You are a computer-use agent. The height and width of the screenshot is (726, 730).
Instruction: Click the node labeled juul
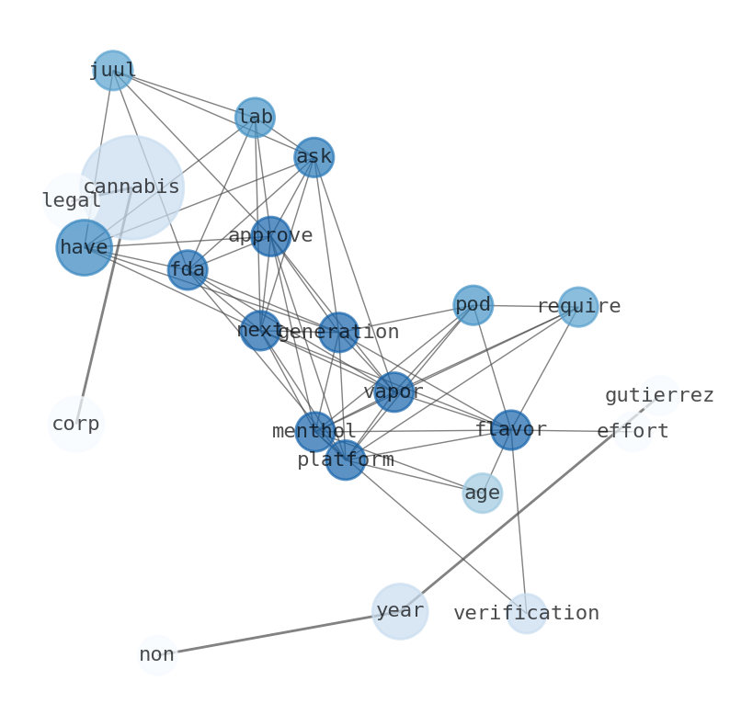112,70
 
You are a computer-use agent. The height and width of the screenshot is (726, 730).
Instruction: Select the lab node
255,117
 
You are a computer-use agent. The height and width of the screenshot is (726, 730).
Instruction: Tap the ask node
314,156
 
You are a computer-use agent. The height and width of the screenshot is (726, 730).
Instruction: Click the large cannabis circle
131,187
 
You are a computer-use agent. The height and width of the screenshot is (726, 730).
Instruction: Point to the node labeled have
84,247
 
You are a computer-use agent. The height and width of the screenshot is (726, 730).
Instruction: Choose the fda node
188,269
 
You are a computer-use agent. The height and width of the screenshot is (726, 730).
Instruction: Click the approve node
270,236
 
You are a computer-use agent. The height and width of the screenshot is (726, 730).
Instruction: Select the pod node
473,305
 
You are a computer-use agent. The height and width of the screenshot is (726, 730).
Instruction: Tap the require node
578,306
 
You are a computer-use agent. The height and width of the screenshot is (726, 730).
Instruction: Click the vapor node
394,391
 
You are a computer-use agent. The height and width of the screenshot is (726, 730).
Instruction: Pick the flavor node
510,429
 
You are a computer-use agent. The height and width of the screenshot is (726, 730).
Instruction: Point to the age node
482,493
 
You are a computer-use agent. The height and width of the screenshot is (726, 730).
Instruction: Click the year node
400,611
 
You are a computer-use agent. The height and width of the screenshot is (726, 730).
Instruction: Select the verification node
527,613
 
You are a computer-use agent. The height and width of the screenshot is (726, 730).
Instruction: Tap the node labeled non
157,655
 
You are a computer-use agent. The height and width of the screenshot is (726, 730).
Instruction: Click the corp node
76,425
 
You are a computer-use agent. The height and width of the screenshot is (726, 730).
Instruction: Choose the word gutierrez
659,396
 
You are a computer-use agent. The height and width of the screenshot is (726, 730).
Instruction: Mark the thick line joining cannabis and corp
101,312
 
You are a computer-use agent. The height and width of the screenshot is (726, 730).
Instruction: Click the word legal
71,200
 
